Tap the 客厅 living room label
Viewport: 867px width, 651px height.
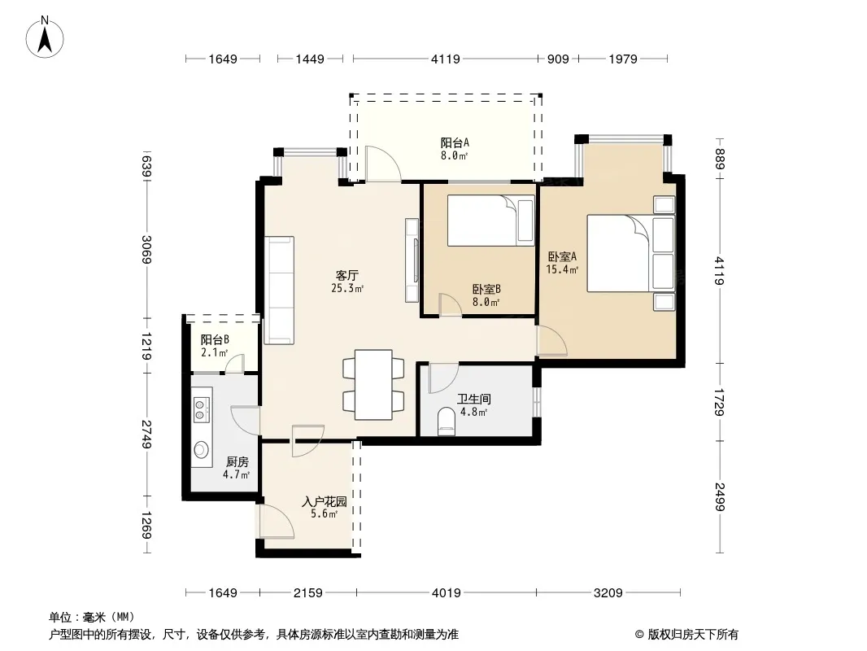(x=347, y=275)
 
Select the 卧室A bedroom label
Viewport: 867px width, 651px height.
(x=562, y=256)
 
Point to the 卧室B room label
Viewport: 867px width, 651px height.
(x=486, y=289)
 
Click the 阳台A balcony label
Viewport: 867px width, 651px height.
(x=455, y=142)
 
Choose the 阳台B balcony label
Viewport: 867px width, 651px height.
(x=215, y=339)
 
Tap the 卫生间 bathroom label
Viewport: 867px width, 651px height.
(x=474, y=399)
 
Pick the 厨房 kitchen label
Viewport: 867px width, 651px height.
(x=237, y=462)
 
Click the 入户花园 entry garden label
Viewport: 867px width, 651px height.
(x=325, y=501)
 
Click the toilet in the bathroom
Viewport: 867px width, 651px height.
(x=446, y=421)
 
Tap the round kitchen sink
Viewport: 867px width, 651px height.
(x=201, y=450)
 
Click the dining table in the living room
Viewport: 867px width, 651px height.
(x=373, y=385)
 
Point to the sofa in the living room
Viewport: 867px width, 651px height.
(x=279, y=290)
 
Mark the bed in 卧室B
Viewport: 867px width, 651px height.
(x=491, y=221)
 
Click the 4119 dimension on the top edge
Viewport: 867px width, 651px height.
(x=446, y=59)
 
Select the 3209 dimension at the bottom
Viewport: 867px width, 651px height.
(x=608, y=593)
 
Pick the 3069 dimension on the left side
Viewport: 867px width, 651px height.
(x=146, y=250)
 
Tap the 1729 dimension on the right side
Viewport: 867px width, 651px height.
(x=719, y=402)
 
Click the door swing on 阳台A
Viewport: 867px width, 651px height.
(x=382, y=164)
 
